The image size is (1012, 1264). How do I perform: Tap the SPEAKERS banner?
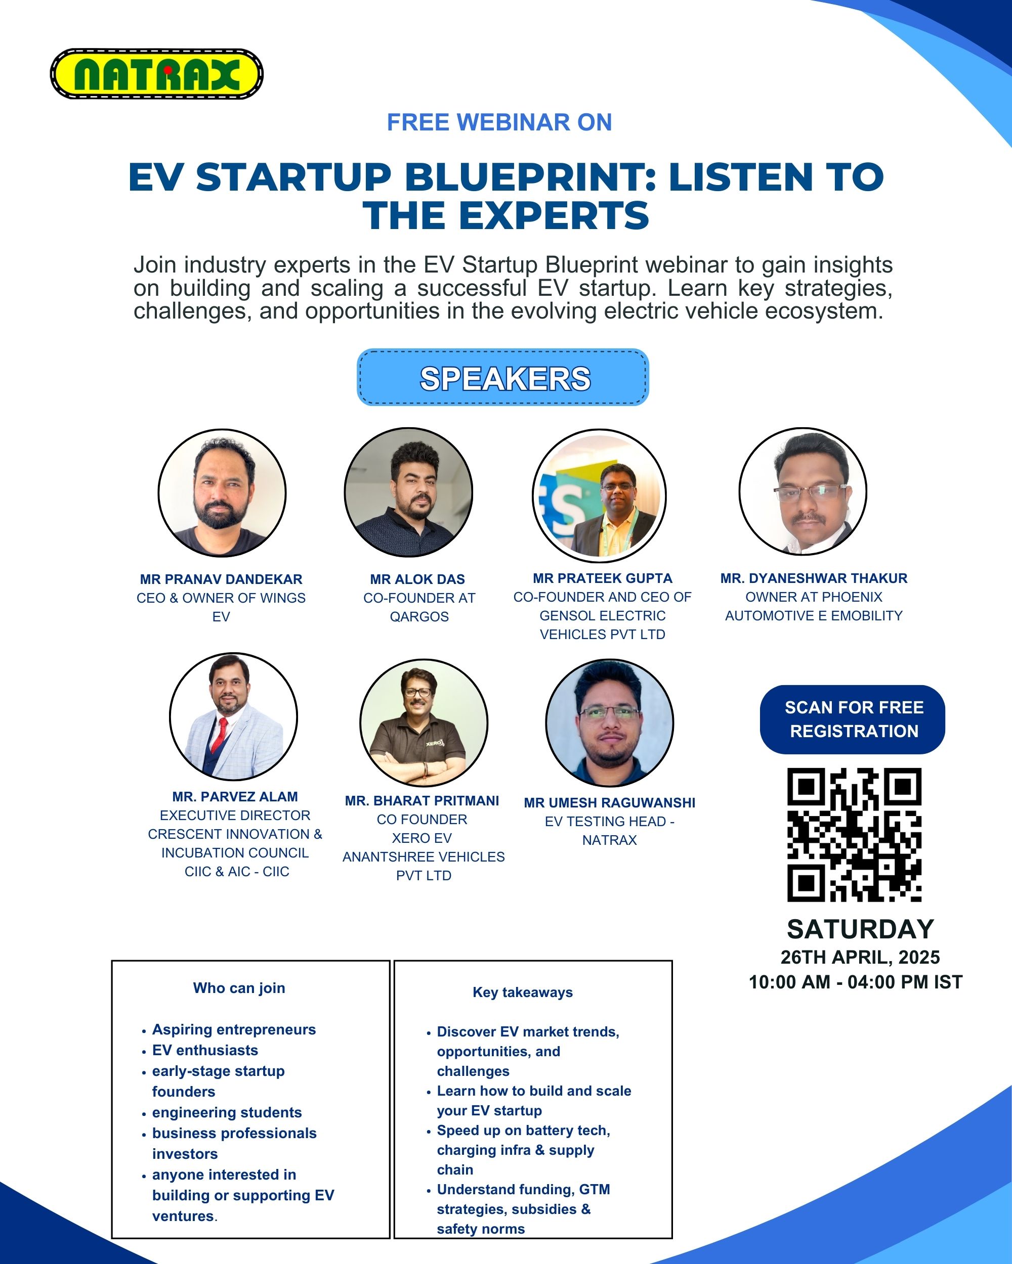pos(503,377)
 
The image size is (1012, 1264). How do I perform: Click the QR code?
pos(854,834)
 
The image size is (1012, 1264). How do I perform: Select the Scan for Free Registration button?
pos(853,719)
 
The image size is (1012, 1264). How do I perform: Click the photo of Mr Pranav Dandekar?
pos(222,492)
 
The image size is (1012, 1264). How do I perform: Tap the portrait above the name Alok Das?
pos(408,492)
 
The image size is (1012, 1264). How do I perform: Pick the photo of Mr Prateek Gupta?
pos(600,495)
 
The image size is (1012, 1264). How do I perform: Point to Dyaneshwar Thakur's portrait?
pos(803,491)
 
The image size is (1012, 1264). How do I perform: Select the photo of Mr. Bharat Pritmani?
pos(424,723)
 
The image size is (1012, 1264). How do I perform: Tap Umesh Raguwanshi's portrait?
pos(610,723)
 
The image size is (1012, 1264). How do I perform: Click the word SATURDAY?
pos(860,929)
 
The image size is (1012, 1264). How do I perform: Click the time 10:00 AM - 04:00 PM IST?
pos(855,982)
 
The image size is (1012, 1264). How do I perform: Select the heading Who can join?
pos(239,988)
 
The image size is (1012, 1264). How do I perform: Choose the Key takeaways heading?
pos(523,992)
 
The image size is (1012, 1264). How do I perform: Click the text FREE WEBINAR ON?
pos(499,122)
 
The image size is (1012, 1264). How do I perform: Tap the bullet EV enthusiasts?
pos(205,1050)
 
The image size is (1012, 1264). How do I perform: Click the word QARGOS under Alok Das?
pos(419,617)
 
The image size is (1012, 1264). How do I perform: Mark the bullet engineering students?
pos(227,1113)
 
